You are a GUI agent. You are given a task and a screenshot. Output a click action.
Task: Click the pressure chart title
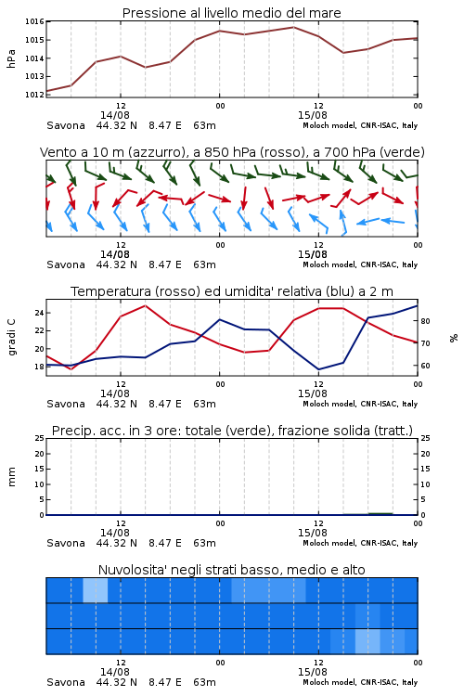pos(231,13)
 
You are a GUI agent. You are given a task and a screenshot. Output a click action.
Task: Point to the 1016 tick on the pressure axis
pos(34,21)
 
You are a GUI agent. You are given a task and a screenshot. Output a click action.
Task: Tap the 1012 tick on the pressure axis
pos(34,95)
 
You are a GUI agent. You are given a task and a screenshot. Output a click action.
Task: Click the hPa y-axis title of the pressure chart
pos(11,58)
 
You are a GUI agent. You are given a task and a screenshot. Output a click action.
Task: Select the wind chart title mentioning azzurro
pos(232,152)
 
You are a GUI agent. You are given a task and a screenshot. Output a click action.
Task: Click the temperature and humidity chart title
pos(232,291)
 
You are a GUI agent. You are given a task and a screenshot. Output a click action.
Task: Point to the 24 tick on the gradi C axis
pos(39,313)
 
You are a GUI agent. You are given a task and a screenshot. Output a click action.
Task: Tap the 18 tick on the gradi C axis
pos(39,367)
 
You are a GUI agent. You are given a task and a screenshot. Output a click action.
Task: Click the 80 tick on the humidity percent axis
pos(425,321)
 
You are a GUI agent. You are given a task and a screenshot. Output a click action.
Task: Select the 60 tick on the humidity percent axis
pos(425,366)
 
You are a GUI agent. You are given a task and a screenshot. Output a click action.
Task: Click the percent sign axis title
pos(454,338)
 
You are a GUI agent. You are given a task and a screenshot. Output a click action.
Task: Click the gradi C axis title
pos(11,338)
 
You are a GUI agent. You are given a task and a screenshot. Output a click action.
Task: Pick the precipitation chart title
pos(232,431)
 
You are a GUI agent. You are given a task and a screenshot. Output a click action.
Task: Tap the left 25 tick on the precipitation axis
pos(39,439)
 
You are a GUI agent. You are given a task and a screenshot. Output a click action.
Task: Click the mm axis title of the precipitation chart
pos(11,477)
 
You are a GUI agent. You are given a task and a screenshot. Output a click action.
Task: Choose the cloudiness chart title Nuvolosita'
pos(231,570)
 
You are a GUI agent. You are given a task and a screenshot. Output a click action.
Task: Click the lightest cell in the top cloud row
pos(96,590)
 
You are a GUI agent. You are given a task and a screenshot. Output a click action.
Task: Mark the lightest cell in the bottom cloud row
pos(367,641)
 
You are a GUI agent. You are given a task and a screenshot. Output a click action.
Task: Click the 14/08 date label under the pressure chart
pos(115,115)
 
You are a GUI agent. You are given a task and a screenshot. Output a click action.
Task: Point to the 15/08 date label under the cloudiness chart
pos(313,672)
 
